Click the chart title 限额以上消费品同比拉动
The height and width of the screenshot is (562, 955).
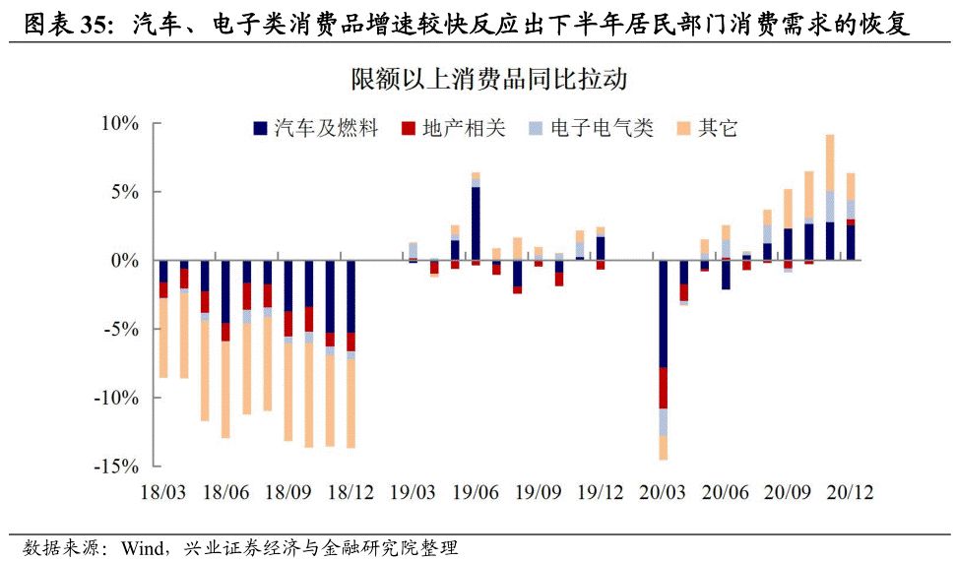[x=489, y=79]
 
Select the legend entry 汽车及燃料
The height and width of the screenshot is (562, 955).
[x=315, y=129]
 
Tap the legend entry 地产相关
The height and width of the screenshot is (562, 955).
[x=454, y=129]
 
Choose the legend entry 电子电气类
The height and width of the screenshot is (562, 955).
[x=591, y=129]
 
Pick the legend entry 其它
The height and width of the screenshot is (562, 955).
[x=707, y=129]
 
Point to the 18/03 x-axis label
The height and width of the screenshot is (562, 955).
[x=163, y=491]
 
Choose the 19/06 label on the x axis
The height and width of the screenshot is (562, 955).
[x=476, y=491]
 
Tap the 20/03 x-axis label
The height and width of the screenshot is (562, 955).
[x=663, y=491]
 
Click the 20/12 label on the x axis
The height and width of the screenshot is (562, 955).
[x=849, y=491]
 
